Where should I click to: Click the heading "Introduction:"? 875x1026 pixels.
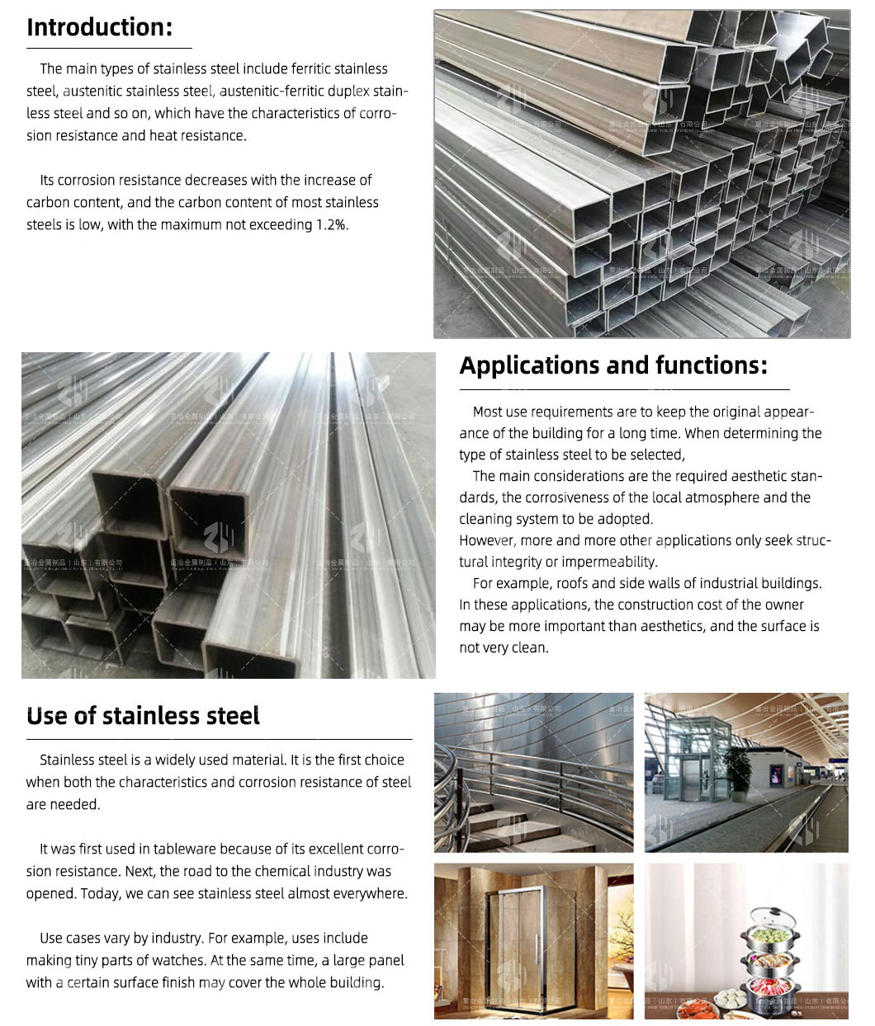(x=99, y=27)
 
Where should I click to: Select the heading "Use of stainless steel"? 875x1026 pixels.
(x=143, y=716)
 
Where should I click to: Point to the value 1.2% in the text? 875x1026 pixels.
(x=332, y=224)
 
